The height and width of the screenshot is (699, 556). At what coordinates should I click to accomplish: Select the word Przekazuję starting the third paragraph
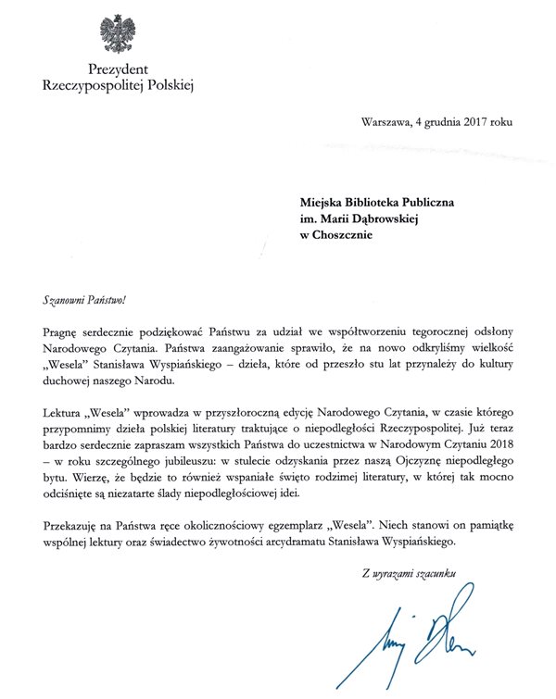click(75, 524)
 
